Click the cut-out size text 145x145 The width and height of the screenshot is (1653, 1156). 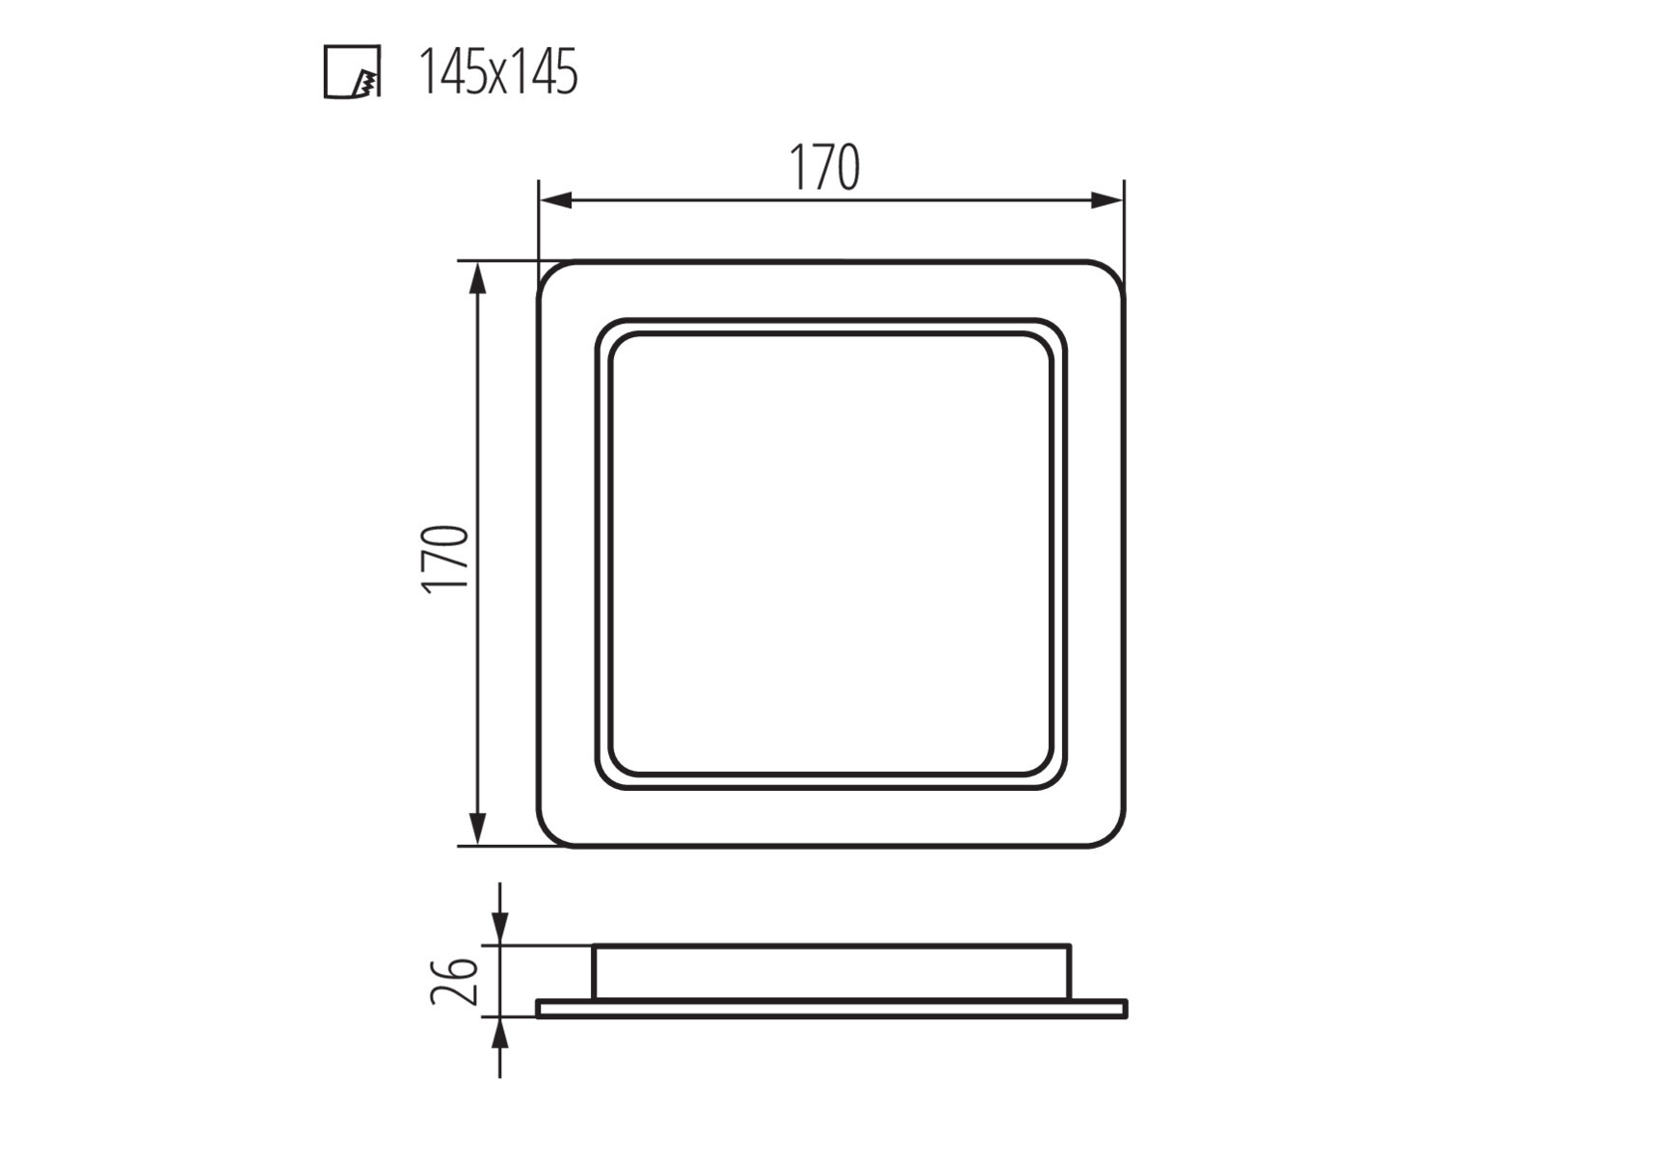[x=498, y=72]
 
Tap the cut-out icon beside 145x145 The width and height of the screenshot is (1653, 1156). [x=352, y=72]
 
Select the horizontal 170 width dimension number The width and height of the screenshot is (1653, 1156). [x=824, y=168]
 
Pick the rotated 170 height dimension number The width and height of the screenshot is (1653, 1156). [x=446, y=558]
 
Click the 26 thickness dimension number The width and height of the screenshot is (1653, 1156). [x=454, y=981]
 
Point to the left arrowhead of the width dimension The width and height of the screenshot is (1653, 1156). [x=556, y=200]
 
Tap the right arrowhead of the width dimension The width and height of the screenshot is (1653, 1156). [x=1107, y=200]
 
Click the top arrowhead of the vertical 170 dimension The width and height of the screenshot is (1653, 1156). [x=477, y=278]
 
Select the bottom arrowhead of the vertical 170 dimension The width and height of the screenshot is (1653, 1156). [x=477, y=828]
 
